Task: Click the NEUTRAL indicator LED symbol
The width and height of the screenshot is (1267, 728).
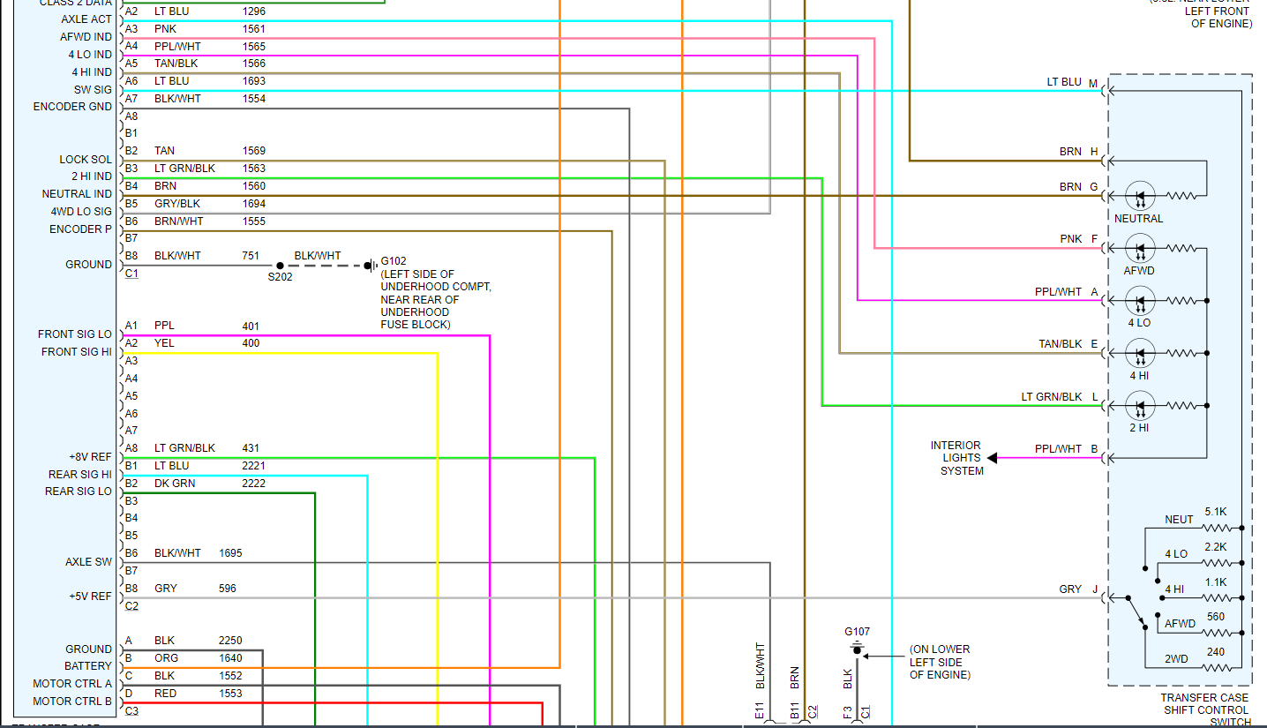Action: (1140, 195)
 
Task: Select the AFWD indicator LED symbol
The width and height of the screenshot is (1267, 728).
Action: (1140, 248)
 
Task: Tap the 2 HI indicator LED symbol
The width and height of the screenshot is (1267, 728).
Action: (1140, 407)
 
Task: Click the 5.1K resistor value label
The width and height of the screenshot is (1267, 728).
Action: (1215, 512)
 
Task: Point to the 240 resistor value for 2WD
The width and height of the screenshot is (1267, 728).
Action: (1216, 652)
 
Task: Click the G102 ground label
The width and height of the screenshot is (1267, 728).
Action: (394, 262)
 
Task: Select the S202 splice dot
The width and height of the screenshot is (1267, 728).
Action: (280, 265)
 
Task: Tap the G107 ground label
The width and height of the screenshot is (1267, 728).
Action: (857, 632)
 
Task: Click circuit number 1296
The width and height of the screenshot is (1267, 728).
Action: (254, 11)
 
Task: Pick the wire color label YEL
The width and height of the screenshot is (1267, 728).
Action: (164, 343)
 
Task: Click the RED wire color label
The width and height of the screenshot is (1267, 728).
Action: (165, 694)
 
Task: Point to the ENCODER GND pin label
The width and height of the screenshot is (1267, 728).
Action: (72, 107)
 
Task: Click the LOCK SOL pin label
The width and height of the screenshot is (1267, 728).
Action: (86, 160)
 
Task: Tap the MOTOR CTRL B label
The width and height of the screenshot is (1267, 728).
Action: (72, 702)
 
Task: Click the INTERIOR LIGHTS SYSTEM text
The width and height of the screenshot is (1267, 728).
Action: (956, 458)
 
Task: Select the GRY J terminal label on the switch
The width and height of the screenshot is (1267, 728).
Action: (1077, 589)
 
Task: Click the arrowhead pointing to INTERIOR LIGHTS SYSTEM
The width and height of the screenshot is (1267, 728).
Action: (992, 458)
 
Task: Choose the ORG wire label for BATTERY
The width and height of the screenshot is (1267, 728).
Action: (165, 658)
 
